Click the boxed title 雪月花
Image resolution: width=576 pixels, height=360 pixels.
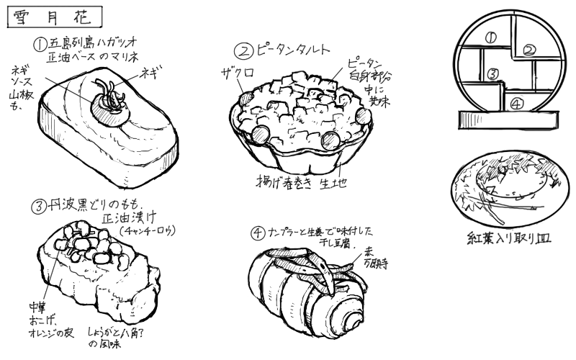click(x=55, y=17)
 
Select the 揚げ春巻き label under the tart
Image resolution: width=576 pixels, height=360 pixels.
click(x=284, y=181)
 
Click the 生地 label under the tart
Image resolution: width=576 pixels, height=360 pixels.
click(x=333, y=183)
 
